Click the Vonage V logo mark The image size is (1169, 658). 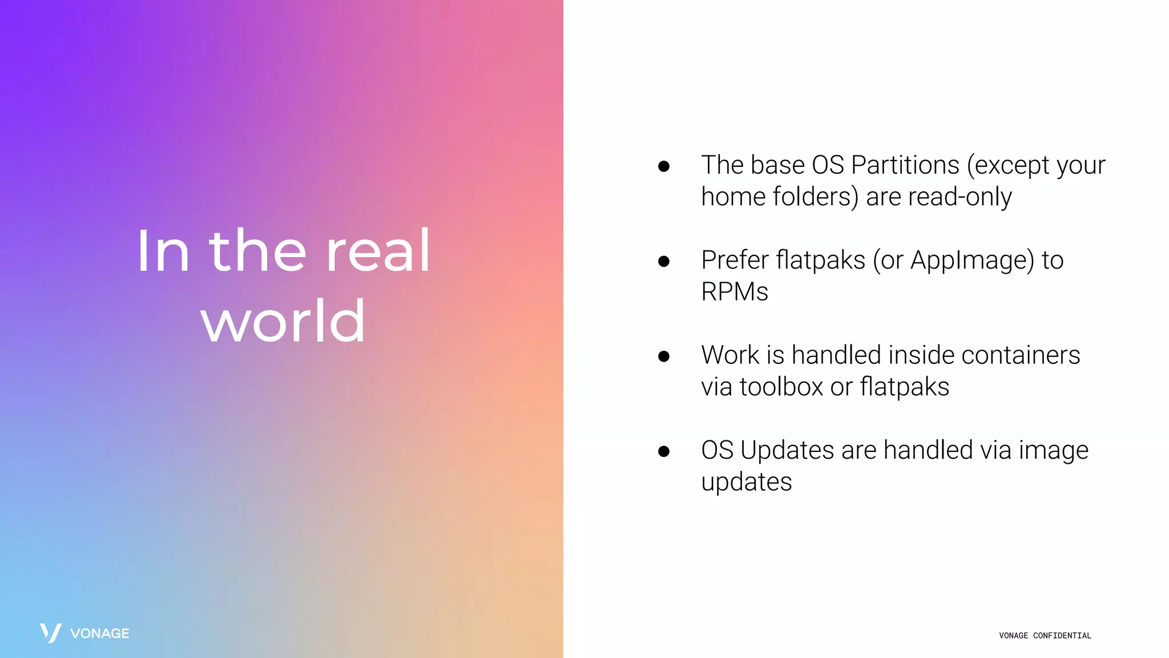[51, 633]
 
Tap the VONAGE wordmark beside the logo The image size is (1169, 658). [100, 633]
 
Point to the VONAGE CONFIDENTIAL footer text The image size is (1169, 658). [1045, 636]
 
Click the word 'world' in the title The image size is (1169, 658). [283, 322]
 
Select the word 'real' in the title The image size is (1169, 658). [378, 251]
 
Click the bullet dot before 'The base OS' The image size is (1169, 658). [663, 166]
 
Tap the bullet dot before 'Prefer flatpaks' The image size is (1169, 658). [663, 262]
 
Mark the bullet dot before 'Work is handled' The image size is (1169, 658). [663, 356]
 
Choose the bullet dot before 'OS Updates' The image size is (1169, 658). [663, 451]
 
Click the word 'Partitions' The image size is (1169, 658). [905, 165]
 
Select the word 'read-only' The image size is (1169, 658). [960, 197]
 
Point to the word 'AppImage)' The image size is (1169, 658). [972, 260]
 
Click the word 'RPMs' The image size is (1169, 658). [735, 292]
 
